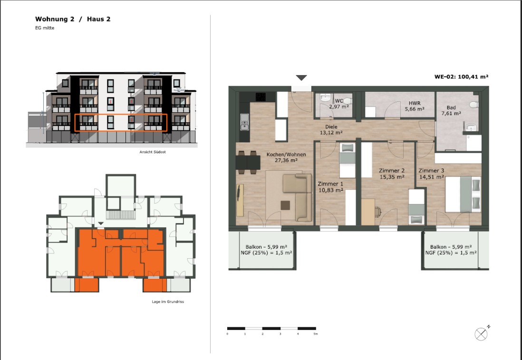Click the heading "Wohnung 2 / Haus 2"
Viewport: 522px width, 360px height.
pyautogui.click(x=73, y=19)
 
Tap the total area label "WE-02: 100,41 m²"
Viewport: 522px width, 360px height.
pyautogui.click(x=461, y=77)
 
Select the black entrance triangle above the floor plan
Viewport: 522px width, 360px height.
pyautogui.click(x=301, y=78)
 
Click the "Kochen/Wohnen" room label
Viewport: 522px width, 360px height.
pyautogui.click(x=286, y=155)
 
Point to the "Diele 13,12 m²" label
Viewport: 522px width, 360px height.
pyautogui.click(x=331, y=129)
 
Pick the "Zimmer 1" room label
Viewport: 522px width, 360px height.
pyautogui.click(x=330, y=184)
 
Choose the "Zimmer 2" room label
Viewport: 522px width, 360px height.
pyautogui.click(x=392, y=171)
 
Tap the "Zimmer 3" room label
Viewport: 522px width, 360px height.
pyautogui.click(x=432, y=171)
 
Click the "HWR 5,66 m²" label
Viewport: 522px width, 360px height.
pyautogui.click(x=415, y=106)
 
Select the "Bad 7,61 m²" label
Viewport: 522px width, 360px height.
pyautogui.click(x=451, y=110)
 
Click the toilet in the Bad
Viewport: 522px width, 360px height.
pyautogui.click(x=474, y=105)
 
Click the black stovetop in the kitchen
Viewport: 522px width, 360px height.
pyautogui.click(x=261, y=97)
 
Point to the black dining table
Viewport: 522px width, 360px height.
pyautogui.click(x=248, y=163)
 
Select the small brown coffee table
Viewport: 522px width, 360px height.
pyautogui.click(x=285, y=205)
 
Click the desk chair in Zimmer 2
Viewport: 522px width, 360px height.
pyautogui.click(x=377, y=212)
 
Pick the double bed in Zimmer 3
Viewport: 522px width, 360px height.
pyautogui.click(x=463, y=194)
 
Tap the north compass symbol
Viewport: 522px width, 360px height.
pyautogui.click(x=482, y=333)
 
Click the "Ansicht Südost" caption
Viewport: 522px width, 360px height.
pyautogui.click(x=153, y=152)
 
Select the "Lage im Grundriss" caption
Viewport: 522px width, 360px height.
pyautogui.click(x=168, y=302)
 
